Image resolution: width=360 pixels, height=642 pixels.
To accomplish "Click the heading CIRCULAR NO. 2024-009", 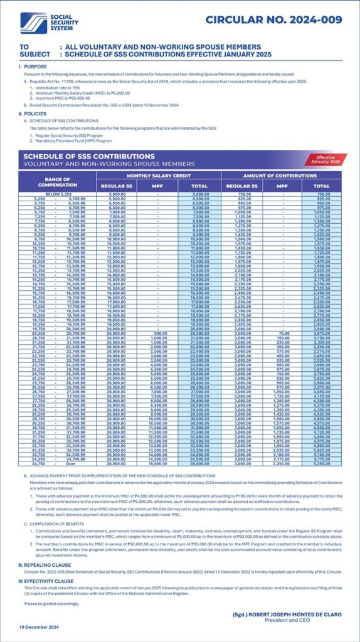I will point(273,20).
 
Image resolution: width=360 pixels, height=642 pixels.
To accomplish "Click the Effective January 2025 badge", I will point(326,159).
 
